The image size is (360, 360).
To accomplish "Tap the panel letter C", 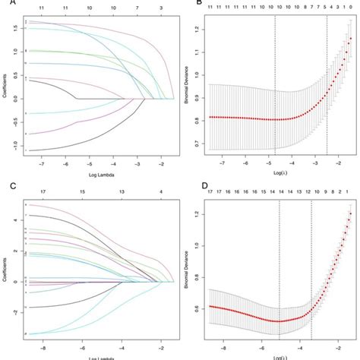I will (x=5, y=185).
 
